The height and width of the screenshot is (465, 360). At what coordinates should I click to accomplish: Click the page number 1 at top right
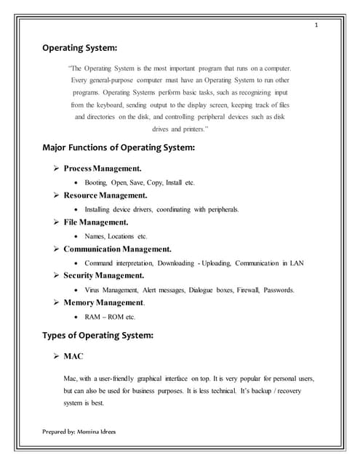[316, 25]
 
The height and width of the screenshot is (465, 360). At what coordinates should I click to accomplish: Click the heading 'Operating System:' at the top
[79, 49]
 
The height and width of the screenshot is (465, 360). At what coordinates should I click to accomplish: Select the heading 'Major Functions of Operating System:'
[119, 148]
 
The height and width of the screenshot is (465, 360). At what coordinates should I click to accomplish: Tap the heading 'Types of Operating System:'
[97, 336]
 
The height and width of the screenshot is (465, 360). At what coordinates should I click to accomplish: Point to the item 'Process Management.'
[103, 169]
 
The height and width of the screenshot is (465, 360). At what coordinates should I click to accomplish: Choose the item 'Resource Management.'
[105, 195]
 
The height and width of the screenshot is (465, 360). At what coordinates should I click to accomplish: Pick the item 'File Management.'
[96, 222]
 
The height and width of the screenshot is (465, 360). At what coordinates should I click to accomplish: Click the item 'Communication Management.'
[117, 249]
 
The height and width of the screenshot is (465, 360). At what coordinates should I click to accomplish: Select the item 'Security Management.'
[103, 276]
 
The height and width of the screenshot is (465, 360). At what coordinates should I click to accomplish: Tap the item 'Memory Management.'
[104, 303]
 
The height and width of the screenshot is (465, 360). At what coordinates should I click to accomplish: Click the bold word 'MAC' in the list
[74, 357]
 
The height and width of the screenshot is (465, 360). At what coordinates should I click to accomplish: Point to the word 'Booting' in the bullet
[96, 182]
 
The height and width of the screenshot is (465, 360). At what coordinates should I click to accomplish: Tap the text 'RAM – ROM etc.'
[110, 317]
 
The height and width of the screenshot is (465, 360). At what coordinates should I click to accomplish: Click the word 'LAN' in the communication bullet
[295, 263]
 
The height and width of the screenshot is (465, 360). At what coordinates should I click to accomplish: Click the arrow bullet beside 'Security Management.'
[56, 276]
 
